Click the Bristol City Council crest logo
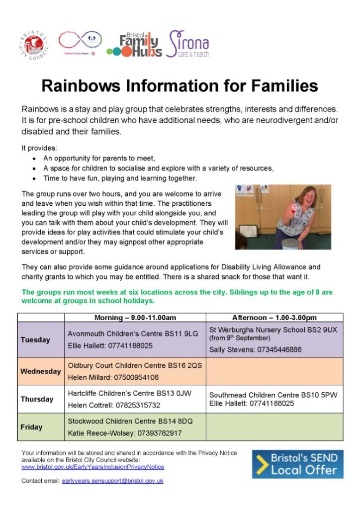(x=34, y=45)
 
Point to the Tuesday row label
(x=35, y=340)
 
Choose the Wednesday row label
(x=41, y=371)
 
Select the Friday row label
(x=31, y=427)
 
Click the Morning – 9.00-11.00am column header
(x=135, y=318)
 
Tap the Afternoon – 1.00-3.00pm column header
(x=274, y=318)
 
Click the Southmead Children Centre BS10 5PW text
(x=273, y=396)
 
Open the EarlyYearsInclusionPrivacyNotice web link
(x=92, y=467)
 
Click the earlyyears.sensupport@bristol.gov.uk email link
(x=112, y=481)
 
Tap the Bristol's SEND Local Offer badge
(x=297, y=464)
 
